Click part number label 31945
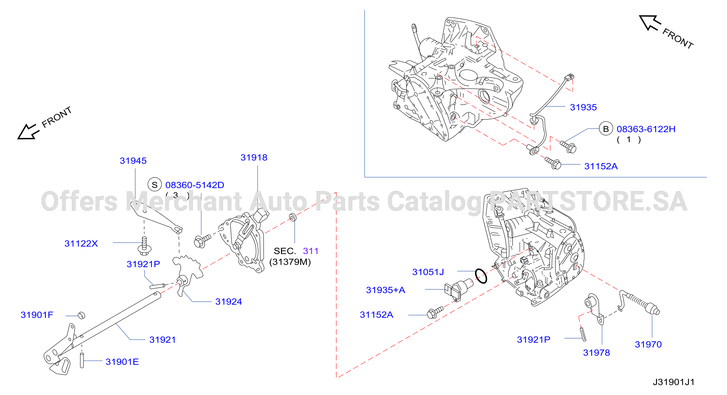133,161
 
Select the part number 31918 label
254,157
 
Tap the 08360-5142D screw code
195,185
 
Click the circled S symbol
155,185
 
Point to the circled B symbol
606,129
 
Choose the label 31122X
81,243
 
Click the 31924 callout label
229,302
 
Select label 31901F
37,315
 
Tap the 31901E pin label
122,362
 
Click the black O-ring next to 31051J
481,276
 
